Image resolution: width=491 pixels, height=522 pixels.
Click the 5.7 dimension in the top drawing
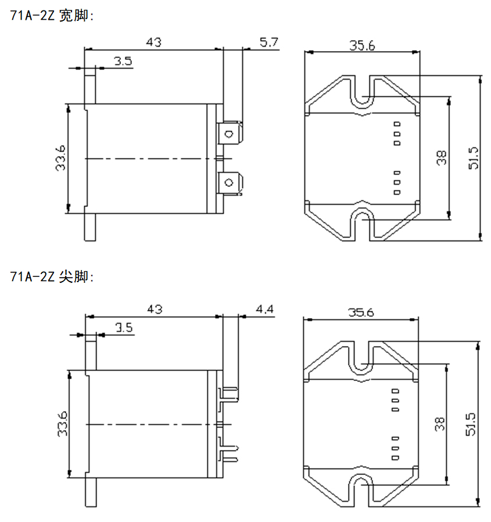[269, 42]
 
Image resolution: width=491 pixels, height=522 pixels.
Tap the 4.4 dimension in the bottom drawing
[264, 309]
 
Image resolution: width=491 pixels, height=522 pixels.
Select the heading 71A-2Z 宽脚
[52, 16]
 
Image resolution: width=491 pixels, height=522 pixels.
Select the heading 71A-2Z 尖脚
[52, 277]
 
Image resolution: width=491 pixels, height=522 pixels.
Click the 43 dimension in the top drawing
[153, 42]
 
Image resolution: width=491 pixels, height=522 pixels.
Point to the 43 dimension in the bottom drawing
[153, 309]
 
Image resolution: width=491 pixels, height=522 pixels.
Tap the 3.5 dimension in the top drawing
[122, 61]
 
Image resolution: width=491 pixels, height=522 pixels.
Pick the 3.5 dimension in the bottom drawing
[123, 327]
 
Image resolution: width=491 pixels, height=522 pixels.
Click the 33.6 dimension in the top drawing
[60, 158]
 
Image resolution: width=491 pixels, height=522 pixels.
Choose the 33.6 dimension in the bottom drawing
[62, 424]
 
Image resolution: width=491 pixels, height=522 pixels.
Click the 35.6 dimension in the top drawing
[361, 45]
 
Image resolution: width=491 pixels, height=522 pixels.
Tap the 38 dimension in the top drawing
[442, 158]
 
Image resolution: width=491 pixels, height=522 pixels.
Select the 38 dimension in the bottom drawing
[439, 424]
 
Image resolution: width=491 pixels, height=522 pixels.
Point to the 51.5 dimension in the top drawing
[473, 158]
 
